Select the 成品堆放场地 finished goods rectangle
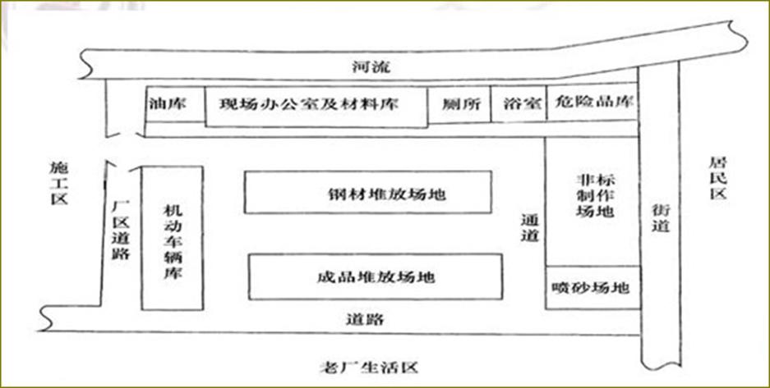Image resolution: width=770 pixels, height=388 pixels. [375, 276]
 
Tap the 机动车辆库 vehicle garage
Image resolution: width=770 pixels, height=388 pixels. [173, 238]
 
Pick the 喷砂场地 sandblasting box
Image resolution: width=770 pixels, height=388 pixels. [592, 288]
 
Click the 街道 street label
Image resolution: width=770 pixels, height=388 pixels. [660, 217]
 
